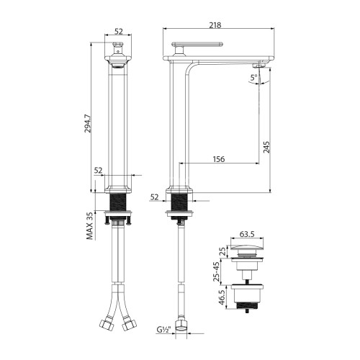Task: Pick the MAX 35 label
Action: coord(89,226)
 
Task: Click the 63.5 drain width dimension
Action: coord(247,234)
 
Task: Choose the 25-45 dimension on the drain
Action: coord(222,271)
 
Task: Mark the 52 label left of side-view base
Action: coord(155,196)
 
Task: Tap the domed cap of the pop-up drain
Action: coord(247,249)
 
